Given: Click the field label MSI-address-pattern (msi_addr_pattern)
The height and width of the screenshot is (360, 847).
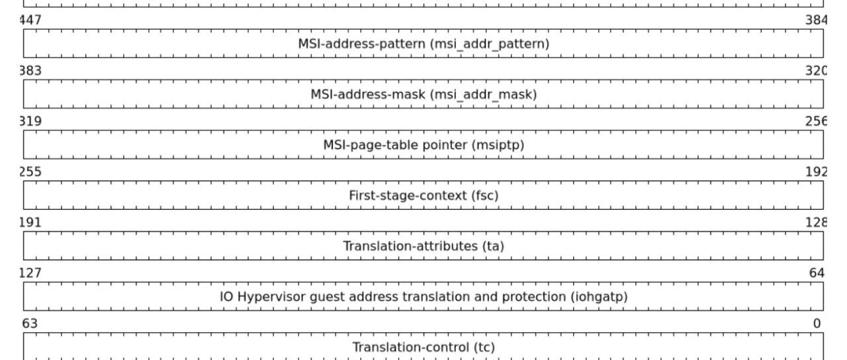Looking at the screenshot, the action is click(x=423, y=44).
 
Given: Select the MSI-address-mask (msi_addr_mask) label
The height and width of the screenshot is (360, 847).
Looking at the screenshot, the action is click(x=423, y=95).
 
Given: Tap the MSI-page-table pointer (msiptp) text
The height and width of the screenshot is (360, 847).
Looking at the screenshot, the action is click(x=423, y=145).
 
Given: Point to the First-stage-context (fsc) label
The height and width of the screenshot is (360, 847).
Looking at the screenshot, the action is click(x=423, y=195).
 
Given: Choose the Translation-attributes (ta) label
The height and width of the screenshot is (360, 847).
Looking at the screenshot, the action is click(x=423, y=246).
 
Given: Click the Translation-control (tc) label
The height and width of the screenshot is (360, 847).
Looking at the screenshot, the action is click(x=423, y=347).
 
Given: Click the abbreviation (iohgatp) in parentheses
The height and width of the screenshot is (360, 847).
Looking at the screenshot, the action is click(x=599, y=297).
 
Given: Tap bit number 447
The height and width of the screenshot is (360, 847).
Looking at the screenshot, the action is click(x=30, y=20).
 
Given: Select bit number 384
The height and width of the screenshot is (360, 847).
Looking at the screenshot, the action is click(x=816, y=20).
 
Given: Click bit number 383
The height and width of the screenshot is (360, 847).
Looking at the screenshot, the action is click(x=30, y=71).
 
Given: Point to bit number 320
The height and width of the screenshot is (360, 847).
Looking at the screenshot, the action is click(x=816, y=71).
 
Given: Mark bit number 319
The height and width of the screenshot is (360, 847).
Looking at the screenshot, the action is click(x=30, y=121).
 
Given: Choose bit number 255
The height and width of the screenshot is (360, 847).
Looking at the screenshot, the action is click(x=30, y=172).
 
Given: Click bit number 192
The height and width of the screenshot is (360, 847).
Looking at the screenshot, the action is click(x=816, y=172).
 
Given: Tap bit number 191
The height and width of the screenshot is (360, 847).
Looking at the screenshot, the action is click(x=30, y=223).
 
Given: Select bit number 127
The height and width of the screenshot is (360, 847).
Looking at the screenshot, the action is click(x=30, y=273).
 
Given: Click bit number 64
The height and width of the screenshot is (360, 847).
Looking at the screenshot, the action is click(x=817, y=273).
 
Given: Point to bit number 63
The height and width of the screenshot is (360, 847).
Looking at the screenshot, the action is click(x=30, y=324).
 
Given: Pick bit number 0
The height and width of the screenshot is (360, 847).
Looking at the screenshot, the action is click(x=817, y=324).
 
